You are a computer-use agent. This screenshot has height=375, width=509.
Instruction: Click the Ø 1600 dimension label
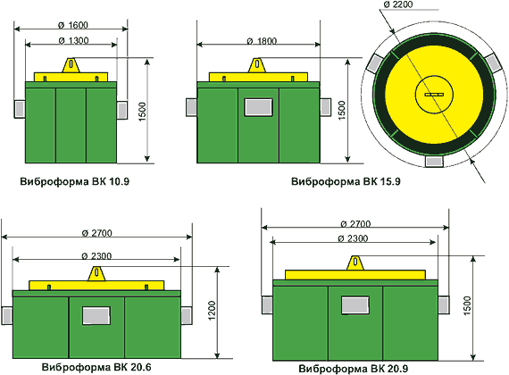point(73,25)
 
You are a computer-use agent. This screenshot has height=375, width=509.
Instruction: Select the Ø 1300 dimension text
point(74,40)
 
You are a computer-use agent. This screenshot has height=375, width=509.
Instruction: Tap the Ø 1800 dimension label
point(262,41)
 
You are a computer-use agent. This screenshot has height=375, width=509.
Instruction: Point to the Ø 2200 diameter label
point(398,4)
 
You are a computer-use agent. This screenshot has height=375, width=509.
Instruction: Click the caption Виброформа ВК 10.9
point(75,181)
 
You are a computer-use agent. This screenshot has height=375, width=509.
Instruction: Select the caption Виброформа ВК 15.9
point(346,181)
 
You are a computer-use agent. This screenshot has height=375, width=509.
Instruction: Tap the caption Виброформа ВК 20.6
point(96,367)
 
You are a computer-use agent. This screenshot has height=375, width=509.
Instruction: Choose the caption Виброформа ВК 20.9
point(354,369)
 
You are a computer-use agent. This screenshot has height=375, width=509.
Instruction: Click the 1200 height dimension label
point(212,311)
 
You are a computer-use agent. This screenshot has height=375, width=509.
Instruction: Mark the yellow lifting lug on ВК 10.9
point(71,65)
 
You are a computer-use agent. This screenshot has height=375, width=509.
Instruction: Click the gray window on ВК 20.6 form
point(96,315)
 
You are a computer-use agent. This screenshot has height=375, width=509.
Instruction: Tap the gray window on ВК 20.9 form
point(355,305)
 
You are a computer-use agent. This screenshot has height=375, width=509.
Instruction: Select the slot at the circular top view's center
point(434,95)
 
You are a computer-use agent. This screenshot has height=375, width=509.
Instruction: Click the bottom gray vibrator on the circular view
point(434,162)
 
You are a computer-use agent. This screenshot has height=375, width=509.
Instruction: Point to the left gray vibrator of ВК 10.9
point(20,109)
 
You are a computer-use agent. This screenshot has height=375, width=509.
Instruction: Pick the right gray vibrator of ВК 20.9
point(444,304)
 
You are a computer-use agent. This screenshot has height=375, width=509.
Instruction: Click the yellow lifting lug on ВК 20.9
point(355,262)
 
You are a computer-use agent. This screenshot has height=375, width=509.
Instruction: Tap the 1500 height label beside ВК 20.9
point(467,305)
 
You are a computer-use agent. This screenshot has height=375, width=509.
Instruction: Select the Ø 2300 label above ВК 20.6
point(96,256)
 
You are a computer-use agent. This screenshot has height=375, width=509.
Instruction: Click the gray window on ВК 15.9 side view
point(258,107)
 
